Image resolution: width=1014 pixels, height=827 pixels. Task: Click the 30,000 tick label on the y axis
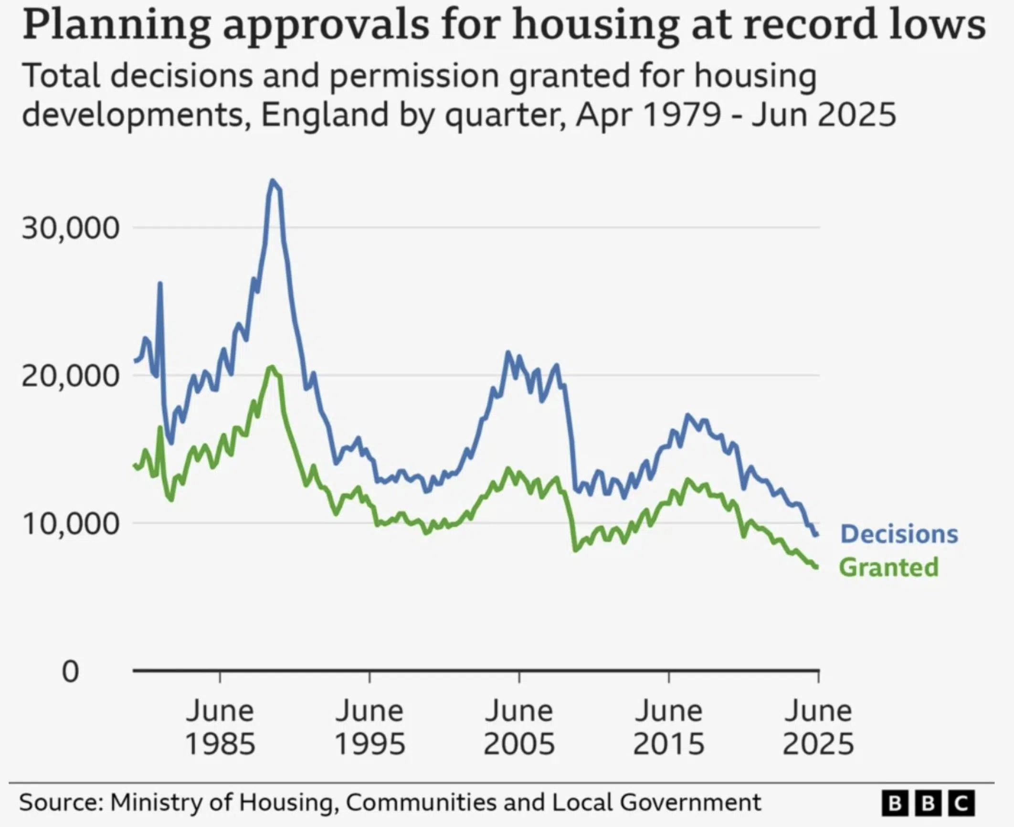point(70,228)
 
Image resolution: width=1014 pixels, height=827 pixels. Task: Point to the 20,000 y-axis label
point(70,376)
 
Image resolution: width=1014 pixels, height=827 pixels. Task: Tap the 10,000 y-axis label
point(70,524)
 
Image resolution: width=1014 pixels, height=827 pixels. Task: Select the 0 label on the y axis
point(70,672)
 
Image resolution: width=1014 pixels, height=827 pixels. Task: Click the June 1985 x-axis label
point(220,727)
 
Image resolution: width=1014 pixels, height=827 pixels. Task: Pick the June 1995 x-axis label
point(370,727)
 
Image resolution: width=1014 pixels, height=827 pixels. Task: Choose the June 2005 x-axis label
point(519,727)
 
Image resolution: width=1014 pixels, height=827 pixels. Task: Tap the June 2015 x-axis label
point(668,727)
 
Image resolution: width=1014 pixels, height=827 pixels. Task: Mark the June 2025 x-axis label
point(818,727)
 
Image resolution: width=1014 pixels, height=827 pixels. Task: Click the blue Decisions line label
point(899,534)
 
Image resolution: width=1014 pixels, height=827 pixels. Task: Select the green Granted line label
point(888,567)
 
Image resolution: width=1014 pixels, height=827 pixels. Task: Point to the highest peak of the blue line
point(273,181)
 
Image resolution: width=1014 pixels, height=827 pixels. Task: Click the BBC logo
point(928,804)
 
